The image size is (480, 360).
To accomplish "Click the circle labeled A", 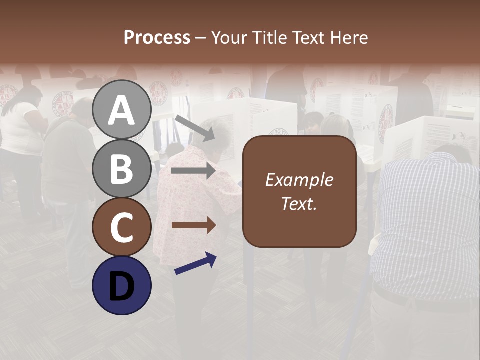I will point(122,109).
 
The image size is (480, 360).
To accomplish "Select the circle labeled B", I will point(122,168).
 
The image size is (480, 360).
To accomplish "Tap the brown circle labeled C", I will point(122,227).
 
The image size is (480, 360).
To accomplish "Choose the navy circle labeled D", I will point(122,285).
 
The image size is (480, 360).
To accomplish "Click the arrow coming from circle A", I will point(194,127).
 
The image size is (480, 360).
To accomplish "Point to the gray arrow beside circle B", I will point(193,171).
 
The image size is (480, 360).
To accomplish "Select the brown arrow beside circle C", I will point(193,225).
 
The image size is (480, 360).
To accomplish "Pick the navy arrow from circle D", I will point(195,263).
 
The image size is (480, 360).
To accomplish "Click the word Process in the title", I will point(157,37).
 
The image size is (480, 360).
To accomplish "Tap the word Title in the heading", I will point(270,37).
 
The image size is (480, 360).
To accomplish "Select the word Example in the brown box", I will point(299,180).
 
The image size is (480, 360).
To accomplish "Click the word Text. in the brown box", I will point(299,203).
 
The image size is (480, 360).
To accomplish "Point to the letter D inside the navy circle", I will point(122,286).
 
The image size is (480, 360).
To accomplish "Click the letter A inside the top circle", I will point(122,110).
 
